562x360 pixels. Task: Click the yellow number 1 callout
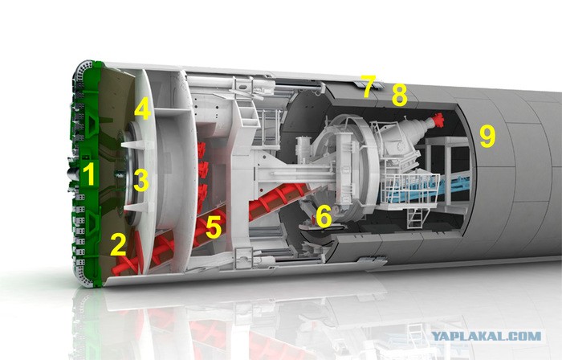(88, 174)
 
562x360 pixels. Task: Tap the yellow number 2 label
(118, 244)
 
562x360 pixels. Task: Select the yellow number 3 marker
(140, 180)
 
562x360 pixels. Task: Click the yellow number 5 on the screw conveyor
(214, 227)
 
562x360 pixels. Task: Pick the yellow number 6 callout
(324, 217)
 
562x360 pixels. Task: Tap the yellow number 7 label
(368, 87)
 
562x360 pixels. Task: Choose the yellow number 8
(399, 95)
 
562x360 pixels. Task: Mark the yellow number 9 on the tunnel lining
(487, 137)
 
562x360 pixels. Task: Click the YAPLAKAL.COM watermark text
(486, 336)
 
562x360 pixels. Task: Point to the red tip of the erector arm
(438, 120)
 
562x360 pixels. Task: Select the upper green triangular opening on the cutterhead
(92, 122)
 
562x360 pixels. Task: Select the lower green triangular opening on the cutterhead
(92, 223)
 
